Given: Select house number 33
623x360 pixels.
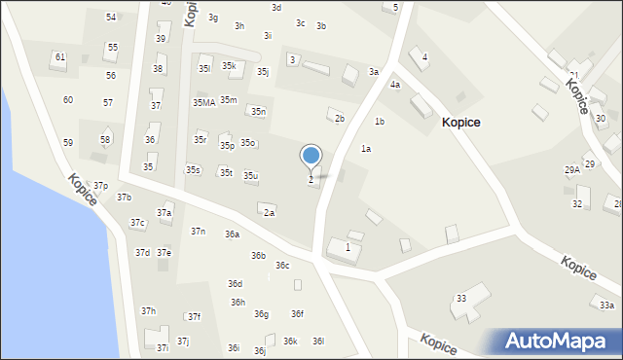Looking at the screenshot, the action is click(461, 299).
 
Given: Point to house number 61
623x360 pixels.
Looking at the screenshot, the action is click(60, 57).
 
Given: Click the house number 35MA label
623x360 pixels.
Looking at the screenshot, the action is click(203, 103).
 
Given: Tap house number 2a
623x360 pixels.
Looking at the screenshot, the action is click(269, 213).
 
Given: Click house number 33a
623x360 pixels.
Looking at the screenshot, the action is click(606, 306).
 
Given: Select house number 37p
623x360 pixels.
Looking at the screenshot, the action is click(100, 186).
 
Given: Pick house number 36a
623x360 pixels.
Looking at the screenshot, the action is click(232, 234).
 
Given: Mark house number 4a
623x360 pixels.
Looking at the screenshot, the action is click(395, 85).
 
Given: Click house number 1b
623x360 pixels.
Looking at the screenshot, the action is click(380, 122).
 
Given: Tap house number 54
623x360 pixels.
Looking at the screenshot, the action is click(111, 18).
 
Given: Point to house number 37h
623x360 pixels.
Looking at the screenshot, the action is click(148, 311).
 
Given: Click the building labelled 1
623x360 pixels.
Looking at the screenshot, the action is click(348, 248).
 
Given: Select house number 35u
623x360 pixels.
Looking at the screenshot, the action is click(250, 176).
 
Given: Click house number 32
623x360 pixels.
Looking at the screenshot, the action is click(577, 204).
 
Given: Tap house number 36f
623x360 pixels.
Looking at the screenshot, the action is click(297, 314).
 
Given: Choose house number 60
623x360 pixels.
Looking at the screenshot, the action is click(68, 100).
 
